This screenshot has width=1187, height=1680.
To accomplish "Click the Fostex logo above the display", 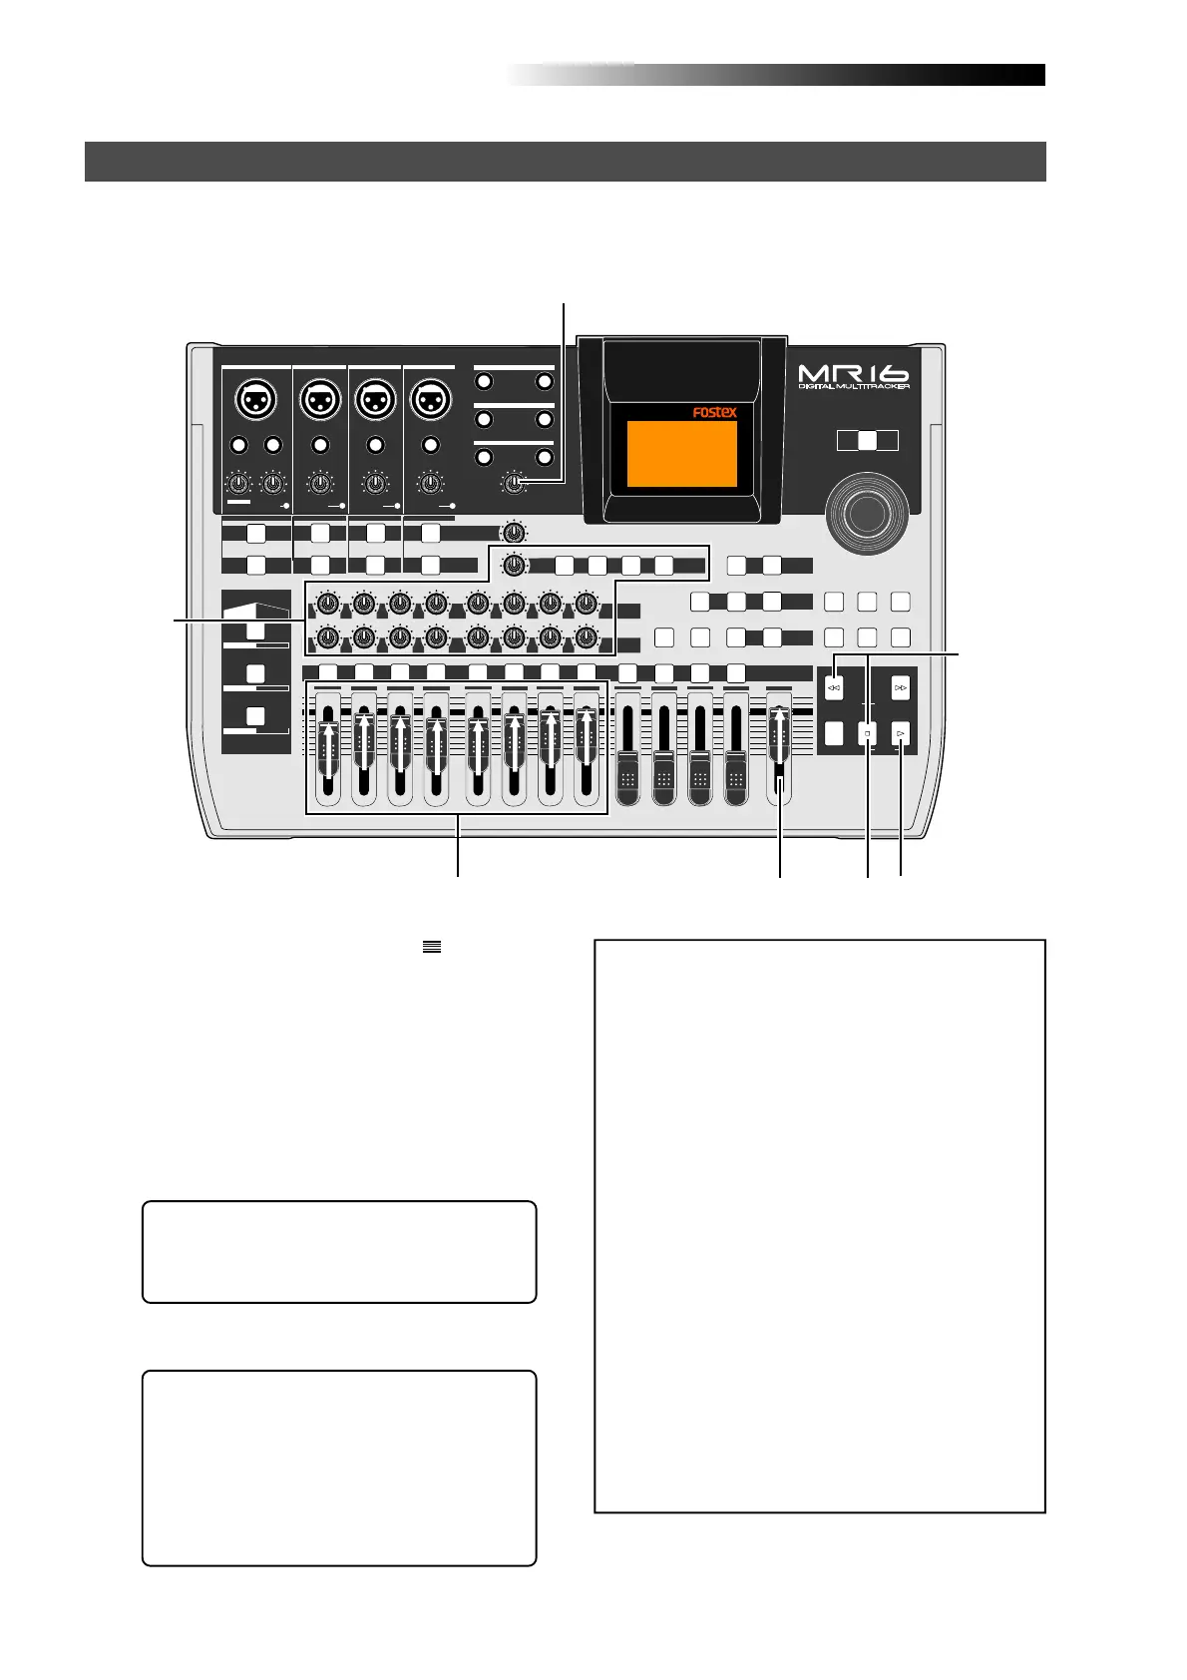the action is (714, 411).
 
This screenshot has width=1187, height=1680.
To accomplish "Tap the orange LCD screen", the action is (681, 454).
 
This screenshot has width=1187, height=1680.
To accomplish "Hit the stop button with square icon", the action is (868, 734).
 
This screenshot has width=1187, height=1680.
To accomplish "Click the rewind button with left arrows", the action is (835, 688).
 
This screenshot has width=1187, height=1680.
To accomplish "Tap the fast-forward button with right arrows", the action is (901, 688).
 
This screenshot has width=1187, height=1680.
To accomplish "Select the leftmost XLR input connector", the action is (255, 401).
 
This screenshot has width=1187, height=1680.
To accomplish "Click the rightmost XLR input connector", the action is (430, 401).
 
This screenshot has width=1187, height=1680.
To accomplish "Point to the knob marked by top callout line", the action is (514, 484).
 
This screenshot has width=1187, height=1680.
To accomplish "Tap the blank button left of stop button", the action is (835, 734).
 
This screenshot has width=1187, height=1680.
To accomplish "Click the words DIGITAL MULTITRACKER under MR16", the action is (853, 386).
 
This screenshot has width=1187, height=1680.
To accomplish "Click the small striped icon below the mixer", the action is (431, 948).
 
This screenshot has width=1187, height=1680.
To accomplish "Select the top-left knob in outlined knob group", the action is (325, 603).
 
